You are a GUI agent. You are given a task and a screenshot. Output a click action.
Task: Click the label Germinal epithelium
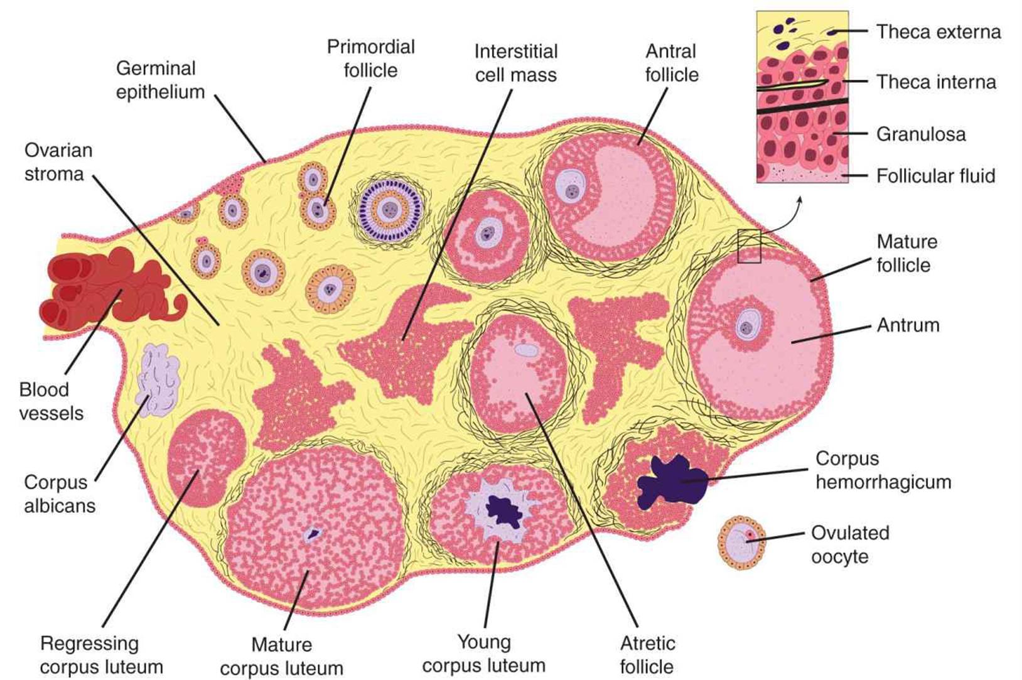point(160,80)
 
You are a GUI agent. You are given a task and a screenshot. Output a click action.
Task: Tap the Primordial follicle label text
point(371,58)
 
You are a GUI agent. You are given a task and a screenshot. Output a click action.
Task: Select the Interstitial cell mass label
point(515,63)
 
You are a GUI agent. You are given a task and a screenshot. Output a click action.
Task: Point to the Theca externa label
point(938,32)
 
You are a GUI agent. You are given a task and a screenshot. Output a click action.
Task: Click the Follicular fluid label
point(935,176)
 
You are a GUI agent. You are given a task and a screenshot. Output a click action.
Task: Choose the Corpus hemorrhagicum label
point(883,470)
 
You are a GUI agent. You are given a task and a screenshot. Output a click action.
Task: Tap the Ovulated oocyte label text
point(849,544)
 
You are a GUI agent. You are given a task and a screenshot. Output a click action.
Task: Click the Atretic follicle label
point(647,655)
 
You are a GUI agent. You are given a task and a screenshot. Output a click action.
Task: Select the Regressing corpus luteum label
point(101,655)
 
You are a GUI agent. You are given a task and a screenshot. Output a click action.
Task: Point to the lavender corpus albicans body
point(158,380)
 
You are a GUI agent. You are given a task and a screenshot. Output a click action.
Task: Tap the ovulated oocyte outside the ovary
point(743,542)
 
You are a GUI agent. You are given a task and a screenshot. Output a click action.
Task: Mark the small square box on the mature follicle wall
point(749,246)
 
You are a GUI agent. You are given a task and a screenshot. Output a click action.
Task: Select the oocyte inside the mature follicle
point(747,326)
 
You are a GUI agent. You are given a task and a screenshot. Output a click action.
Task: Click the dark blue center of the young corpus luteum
point(505,510)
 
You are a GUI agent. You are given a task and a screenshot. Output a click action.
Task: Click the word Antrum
point(908,325)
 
